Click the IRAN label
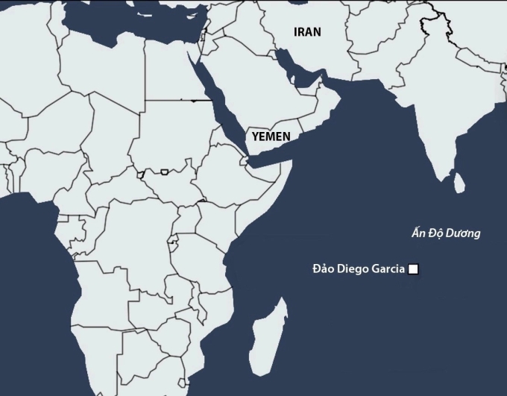click(x=308, y=31)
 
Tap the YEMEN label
click(x=271, y=136)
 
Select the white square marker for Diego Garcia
click(x=412, y=270)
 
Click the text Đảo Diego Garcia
click(x=357, y=270)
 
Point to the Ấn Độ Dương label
click(x=447, y=233)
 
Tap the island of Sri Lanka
click(x=460, y=180)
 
